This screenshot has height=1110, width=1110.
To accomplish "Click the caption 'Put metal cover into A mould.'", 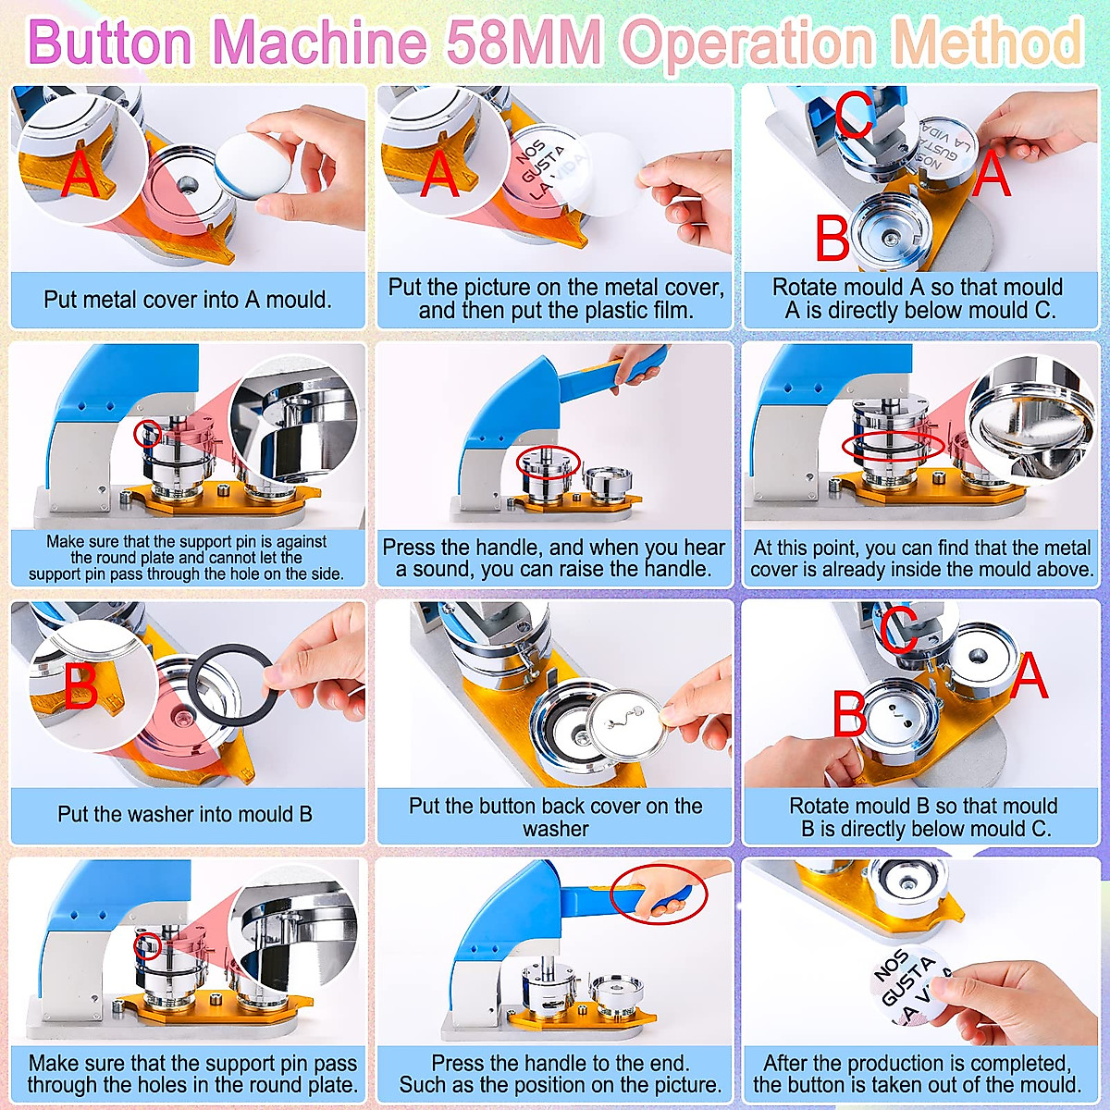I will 188,300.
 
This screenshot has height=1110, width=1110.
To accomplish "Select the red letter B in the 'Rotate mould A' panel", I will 832,238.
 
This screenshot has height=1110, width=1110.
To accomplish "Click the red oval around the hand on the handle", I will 659,894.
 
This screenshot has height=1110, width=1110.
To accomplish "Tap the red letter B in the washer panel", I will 80,684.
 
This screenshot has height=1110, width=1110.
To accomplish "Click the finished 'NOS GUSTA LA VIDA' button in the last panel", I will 906,988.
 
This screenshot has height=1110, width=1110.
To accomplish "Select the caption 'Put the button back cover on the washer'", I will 555,817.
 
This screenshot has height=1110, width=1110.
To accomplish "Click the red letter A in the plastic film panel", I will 439,173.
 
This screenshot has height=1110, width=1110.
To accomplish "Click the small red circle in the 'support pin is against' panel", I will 148,432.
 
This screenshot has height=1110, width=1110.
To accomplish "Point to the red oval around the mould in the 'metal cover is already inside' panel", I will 893,446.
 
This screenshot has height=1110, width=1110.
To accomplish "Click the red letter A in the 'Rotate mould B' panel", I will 1029,676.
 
